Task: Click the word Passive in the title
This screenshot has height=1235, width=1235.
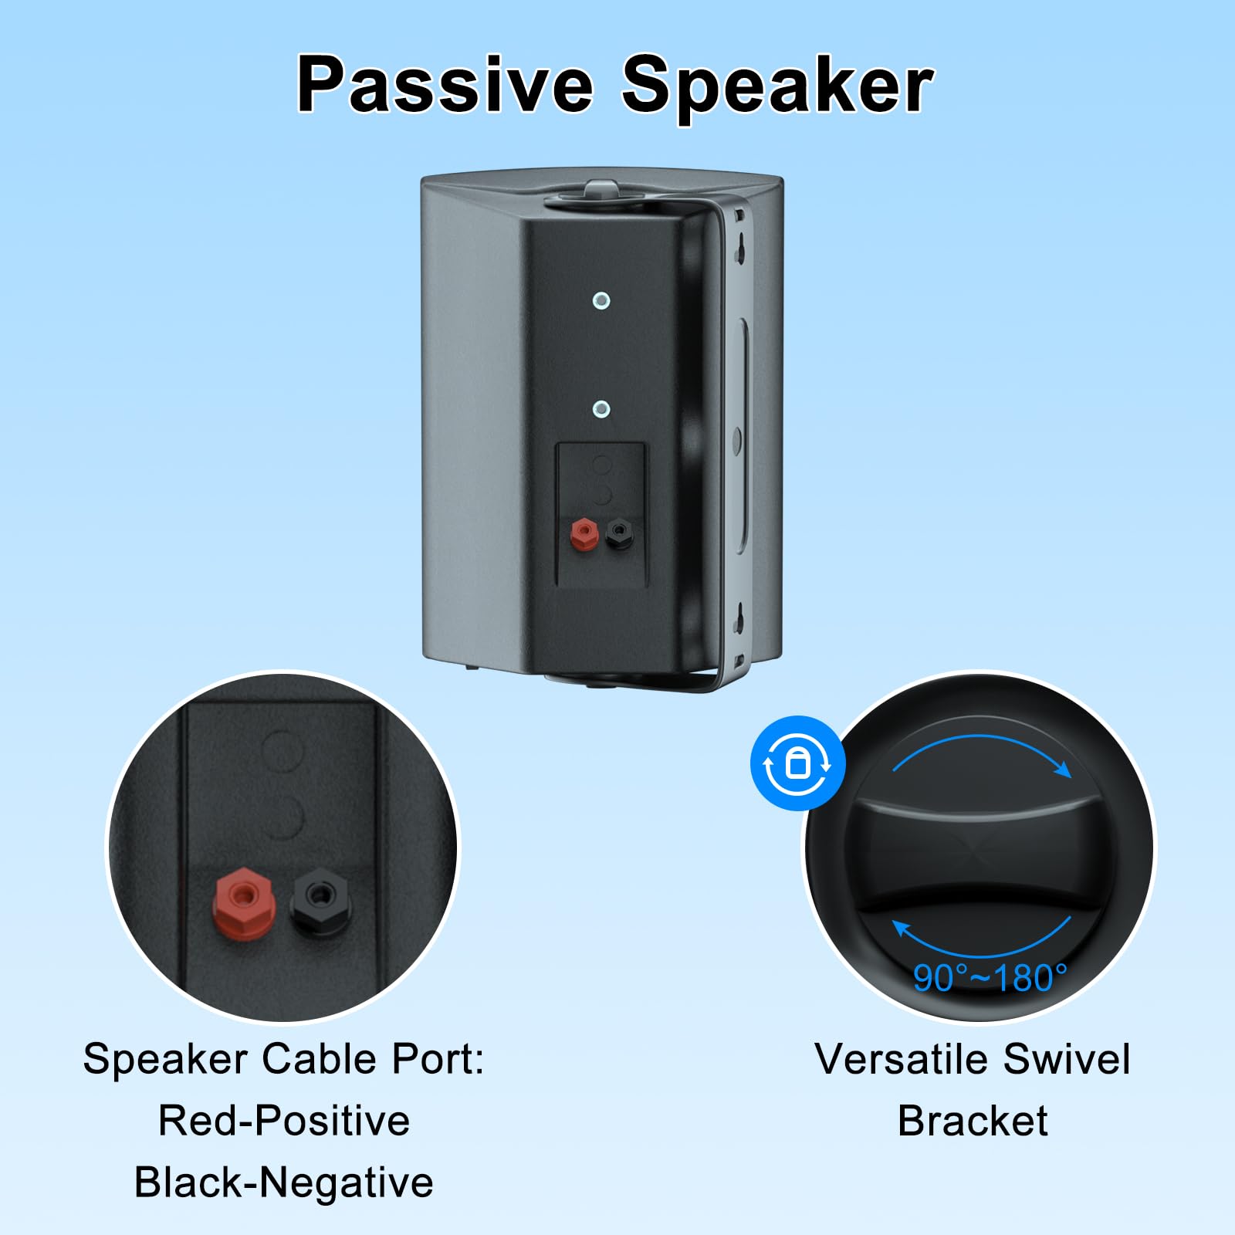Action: click(x=445, y=85)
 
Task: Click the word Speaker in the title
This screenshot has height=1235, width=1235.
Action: click(x=777, y=86)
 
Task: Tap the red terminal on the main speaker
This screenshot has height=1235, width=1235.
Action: click(x=584, y=533)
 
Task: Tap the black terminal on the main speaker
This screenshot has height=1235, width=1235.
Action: click(x=619, y=533)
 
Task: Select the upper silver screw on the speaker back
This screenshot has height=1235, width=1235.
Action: click(x=601, y=300)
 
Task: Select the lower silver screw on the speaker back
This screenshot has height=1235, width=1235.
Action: click(x=601, y=409)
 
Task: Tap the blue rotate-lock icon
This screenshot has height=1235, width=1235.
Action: click(x=797, y=763)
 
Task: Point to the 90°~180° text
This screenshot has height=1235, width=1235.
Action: click(x=990, y=978)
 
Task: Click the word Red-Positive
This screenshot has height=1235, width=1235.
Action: click(x=284, y=1121)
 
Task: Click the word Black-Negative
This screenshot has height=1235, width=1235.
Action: click(x=284, y=1183)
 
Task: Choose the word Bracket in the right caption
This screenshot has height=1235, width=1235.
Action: click(x=973, y=1121)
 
